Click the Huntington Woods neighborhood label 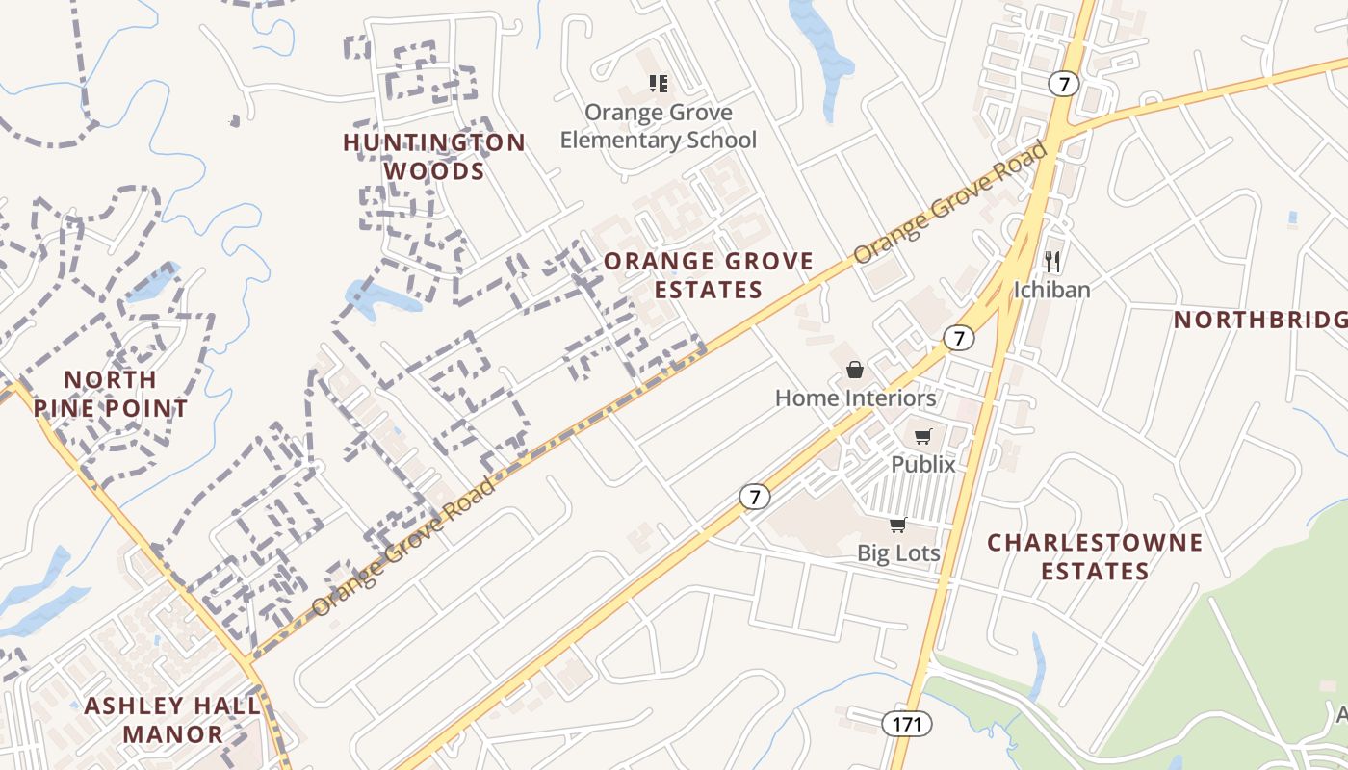coord(434,157)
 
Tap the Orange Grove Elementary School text coord(659,126)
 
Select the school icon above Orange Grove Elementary coord(659,84)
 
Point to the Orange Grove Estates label coord(709,275)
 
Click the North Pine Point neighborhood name coord(111,394)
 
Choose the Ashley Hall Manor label coord(172,720)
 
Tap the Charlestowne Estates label coord(1095,556)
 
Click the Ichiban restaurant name coord(1051,289)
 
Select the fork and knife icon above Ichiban coord(1052,261)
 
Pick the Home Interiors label coord(855,398)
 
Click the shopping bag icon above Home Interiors coord(854,370)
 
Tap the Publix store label coord(922,464)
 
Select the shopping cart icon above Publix coord(922,437)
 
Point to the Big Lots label coord(898,552)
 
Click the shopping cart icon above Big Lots coord(897,525)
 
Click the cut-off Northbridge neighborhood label coord(1259,320)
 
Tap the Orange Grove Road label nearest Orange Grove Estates coord(949,203)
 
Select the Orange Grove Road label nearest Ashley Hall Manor coord(404,546)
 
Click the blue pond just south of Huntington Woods coord(379,297)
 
